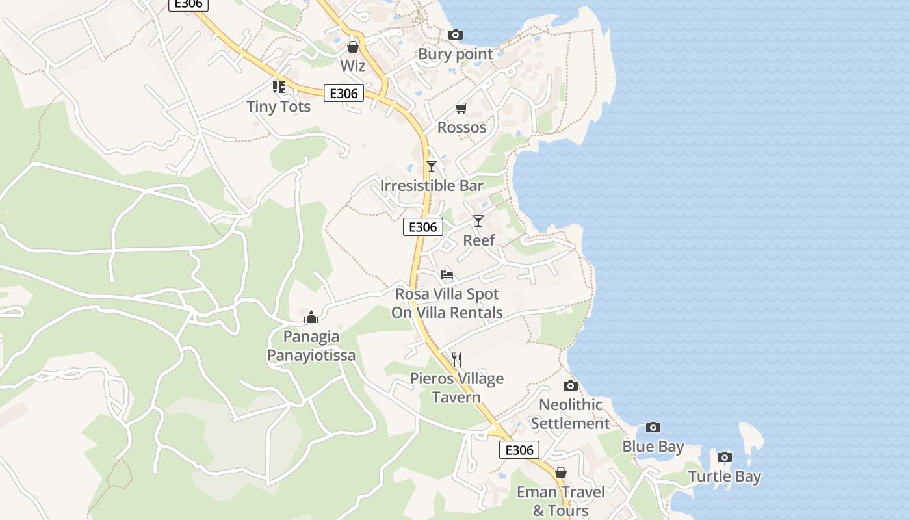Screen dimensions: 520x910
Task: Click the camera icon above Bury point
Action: point(456,34)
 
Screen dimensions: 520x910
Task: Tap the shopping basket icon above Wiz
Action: point(353,47)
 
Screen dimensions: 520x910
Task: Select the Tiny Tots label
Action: point(279,107)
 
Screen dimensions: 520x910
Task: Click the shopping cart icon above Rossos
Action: point(461,108)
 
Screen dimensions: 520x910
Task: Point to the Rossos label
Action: point(461,127)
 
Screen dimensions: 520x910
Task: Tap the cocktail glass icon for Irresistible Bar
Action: point(431,166)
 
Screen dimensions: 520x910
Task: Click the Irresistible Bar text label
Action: point(432,186)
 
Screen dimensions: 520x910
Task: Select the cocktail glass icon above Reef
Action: point(478,221)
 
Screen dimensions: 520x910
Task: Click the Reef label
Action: point(479,240)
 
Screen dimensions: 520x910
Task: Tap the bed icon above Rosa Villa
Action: point(447,274)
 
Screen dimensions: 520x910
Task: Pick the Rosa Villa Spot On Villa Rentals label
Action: point(447,304)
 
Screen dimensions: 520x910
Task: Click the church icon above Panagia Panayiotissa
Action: point(311,317)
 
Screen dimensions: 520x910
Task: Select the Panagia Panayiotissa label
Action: point(311,346)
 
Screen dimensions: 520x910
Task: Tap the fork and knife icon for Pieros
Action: point(456,359)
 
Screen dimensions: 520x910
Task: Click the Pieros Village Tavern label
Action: point(456,388)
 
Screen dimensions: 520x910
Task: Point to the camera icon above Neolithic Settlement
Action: point(570,385)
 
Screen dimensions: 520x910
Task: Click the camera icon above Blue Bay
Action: point(653,427)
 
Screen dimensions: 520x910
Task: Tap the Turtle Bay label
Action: point(725,477)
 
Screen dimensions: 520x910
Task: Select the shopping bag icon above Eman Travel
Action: point(560,473)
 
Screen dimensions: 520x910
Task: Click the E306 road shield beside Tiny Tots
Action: point(344,94)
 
